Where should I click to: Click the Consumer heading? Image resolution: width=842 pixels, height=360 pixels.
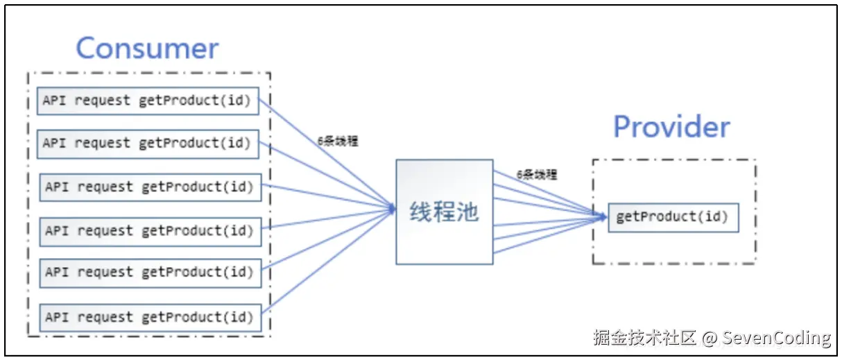click(x=147, y=49)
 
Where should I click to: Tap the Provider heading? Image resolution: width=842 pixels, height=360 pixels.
click(x=671, y=127)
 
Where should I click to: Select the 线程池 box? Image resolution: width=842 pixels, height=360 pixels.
click(x=444, y=212)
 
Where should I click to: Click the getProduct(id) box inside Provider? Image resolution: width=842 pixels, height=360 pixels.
click(x=672, y=217)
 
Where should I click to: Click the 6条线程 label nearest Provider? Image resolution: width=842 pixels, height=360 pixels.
click(x=536, y=175)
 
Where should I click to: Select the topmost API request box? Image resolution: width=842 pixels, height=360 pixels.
click(x=147, y=101)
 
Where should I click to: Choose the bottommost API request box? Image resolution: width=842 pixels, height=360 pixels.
click(x=149, y=317)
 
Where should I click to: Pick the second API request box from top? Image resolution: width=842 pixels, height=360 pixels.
click(x=147, y=144)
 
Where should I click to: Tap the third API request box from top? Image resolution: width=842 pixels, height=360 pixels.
click(x=149, y=187)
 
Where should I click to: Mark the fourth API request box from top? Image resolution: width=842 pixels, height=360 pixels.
click(x=149, y=231)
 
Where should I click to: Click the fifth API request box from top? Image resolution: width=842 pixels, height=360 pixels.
click(x=149, y=273)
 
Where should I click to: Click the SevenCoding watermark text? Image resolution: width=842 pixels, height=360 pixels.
click(x=776, y=338)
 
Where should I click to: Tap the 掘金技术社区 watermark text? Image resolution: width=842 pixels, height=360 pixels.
click(x=644, y=338)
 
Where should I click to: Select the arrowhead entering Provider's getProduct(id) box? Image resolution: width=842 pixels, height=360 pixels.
click(x=604, y=217)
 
